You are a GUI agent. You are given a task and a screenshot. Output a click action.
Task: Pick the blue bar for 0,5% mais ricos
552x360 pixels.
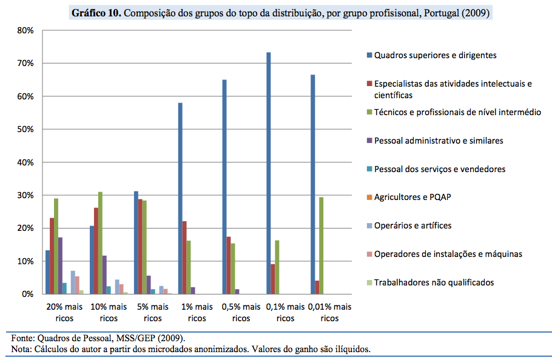click(224, 187)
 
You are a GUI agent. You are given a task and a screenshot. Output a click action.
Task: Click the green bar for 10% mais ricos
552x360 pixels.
click(101, 243)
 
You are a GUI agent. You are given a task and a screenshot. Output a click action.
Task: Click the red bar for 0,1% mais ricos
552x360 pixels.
click(273, 279)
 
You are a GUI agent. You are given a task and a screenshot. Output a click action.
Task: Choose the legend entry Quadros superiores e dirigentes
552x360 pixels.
click(435, 55)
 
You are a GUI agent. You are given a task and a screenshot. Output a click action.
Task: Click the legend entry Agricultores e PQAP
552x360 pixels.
click(412, 198)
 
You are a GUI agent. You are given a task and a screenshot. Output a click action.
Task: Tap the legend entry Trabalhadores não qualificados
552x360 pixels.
click(434, 282)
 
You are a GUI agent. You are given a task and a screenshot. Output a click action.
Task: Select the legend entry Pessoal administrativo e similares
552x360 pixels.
click(439, 141)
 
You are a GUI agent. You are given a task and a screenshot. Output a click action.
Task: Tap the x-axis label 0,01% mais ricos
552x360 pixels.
click(330, 312)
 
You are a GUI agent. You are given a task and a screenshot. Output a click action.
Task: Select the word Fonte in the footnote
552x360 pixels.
click(22, 338)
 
